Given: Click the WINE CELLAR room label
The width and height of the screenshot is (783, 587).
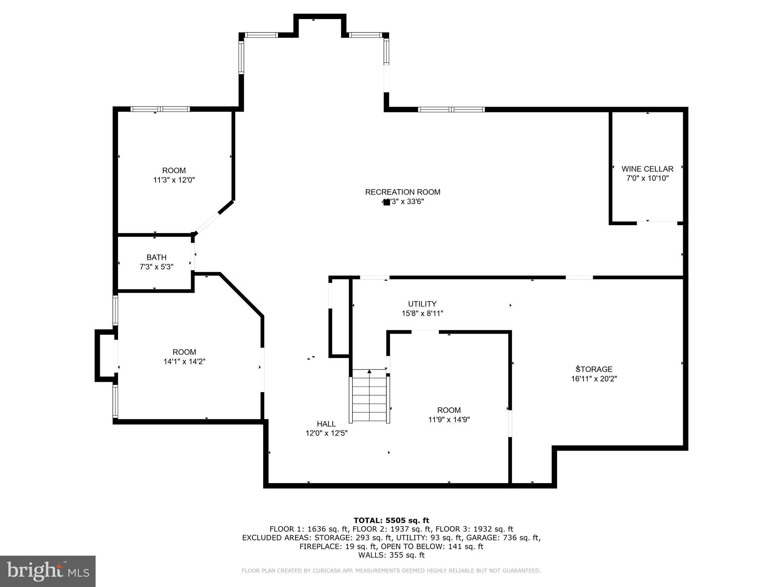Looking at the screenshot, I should (647, 169).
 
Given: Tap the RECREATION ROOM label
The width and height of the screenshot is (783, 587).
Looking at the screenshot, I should (403, 192).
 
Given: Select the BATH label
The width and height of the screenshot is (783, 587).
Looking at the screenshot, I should (156, 258).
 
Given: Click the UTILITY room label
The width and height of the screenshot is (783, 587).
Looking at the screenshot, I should (422, 304).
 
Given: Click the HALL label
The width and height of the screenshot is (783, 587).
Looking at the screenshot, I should (326, 424).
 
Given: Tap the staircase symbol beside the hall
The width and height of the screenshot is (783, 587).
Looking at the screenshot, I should (369, 396).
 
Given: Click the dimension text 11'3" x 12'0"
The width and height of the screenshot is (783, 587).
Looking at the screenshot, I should (174, 180).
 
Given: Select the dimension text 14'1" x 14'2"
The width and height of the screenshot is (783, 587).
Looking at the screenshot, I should (184, 362).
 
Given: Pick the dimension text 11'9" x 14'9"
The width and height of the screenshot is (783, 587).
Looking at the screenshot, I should (449, 420).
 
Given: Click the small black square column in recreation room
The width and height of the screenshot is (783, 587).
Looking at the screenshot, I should (387, 203).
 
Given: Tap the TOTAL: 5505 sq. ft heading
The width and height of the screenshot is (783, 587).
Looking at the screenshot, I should (391, 521).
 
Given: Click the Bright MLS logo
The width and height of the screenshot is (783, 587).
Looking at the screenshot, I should (48, 571).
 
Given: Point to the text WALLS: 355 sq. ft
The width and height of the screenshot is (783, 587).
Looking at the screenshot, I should (391, 555).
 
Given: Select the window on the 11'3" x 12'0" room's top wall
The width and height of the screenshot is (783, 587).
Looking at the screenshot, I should (160, 109).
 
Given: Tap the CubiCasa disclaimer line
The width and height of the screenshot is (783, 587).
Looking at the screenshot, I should (391, 571).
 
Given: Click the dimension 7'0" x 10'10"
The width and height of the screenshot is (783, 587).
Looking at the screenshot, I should (647, 178).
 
